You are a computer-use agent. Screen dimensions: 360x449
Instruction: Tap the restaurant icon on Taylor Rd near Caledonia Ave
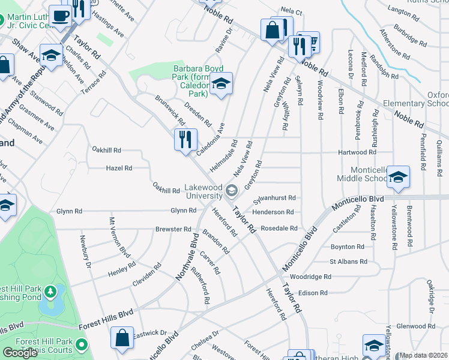(185, 140)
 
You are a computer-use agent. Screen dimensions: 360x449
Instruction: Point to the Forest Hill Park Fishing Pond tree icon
(52, 292)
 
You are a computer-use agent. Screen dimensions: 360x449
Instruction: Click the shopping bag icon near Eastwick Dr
(122, 338)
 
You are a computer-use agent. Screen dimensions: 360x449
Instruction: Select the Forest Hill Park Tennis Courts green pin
(82, 346)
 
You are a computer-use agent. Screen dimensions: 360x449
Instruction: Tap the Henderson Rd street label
(273, 212)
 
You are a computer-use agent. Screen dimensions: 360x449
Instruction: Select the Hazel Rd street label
(119, 169)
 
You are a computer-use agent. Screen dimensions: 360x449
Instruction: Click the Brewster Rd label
(173, 229)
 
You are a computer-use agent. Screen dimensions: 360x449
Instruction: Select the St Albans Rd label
(348, 262)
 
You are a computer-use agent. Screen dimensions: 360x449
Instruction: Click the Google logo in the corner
(20, 352)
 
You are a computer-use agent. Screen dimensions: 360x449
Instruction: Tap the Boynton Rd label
(348, 247)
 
